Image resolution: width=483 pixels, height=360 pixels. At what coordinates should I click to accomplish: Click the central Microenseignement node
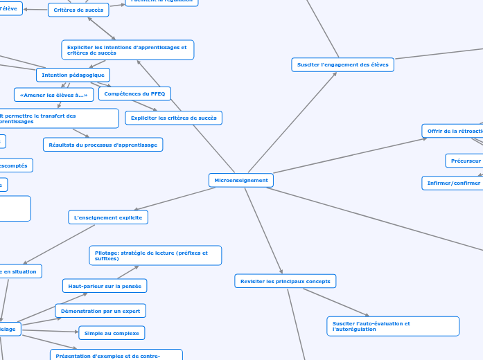point(241,180)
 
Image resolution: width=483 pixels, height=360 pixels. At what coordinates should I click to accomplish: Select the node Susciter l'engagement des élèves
point(342,64)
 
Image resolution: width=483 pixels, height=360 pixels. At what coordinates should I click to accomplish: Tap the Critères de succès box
point(78,10)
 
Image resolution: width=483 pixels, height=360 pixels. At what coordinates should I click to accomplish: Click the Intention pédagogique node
point(73,75)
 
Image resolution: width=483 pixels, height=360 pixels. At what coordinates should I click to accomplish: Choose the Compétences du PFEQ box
point(134,93)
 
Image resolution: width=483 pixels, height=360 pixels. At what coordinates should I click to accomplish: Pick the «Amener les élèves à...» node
point(53,95)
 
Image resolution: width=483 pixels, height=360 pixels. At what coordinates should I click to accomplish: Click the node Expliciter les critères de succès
point(173,118)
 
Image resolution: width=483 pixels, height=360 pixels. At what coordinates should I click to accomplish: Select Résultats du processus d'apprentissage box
point(103,144)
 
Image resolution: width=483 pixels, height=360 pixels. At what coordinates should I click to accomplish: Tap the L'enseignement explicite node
point(109,217)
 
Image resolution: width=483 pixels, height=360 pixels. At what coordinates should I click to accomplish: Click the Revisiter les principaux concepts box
point(286,280)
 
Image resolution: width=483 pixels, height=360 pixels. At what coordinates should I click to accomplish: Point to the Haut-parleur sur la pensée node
point(105,285)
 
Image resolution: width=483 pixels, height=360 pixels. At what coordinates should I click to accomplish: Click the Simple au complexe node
point(112,333)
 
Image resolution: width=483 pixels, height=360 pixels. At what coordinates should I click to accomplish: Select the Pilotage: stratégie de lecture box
point(155,255)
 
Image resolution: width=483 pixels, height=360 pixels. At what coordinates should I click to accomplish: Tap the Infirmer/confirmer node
point(453,183)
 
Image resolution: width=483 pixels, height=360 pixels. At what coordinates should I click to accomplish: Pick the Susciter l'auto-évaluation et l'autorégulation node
point(392,326)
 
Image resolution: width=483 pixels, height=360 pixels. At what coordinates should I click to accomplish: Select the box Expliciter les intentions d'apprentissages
point(127,50)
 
